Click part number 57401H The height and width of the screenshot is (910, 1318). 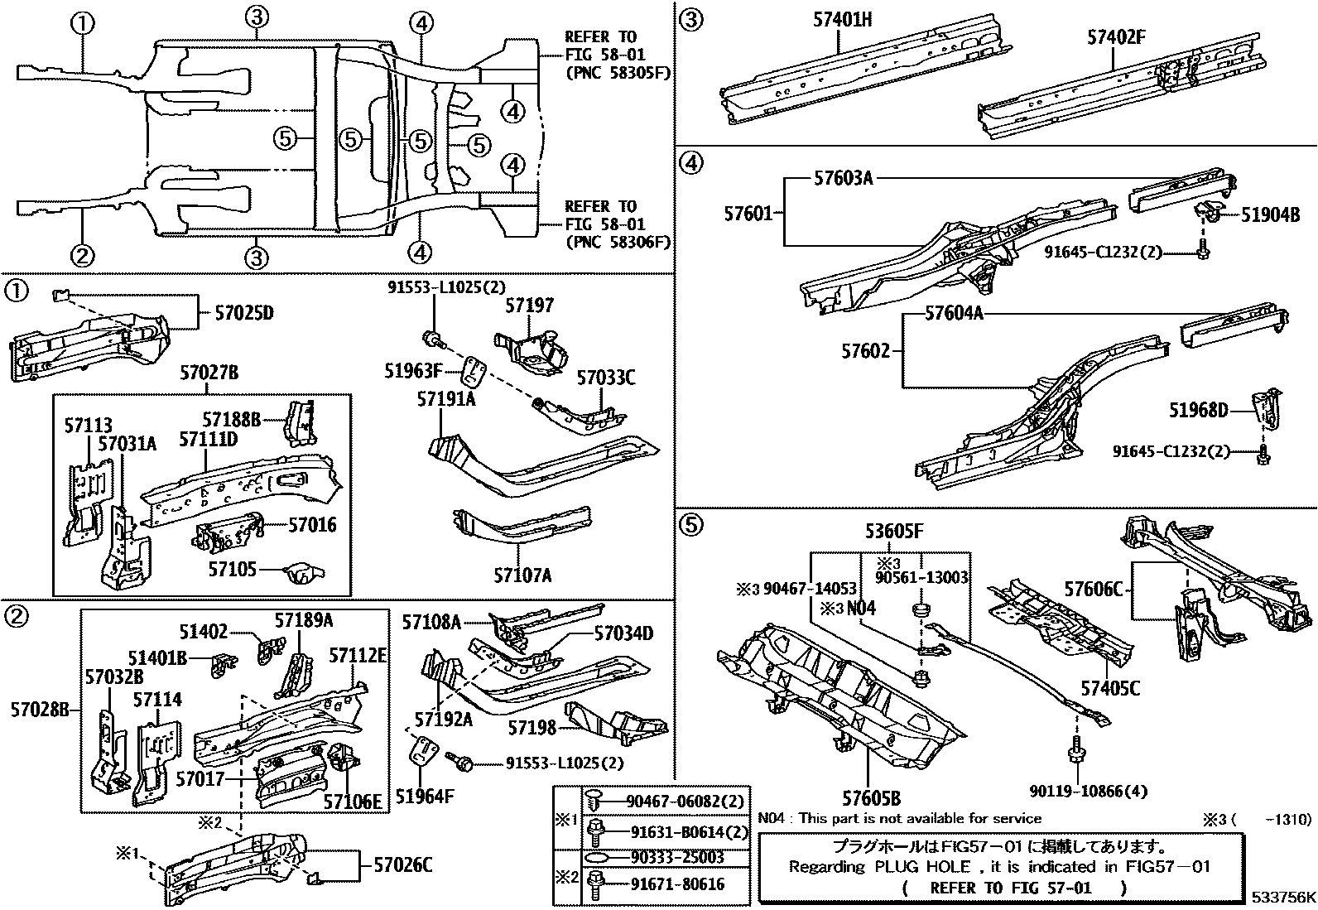(842, 17)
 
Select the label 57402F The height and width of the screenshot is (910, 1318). (1117, 37)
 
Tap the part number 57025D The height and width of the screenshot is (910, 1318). (243, 313)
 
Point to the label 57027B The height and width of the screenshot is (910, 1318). (209, 374)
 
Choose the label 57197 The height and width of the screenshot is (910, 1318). (529, 306)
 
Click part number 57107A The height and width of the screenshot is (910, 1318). (522, 575)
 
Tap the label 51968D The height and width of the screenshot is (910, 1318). (1198, 410)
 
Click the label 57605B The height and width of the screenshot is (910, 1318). (871, 798)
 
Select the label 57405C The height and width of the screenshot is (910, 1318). (1110, 688)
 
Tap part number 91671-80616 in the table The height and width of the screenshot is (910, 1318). (676, 884)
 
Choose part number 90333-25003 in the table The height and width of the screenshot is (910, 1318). (676, 857)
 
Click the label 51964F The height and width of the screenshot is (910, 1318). (425, 797)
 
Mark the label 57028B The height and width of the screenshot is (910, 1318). (39, 710)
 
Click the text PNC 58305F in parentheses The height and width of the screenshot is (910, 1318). (617, 73)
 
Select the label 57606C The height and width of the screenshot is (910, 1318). (1093, 589)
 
